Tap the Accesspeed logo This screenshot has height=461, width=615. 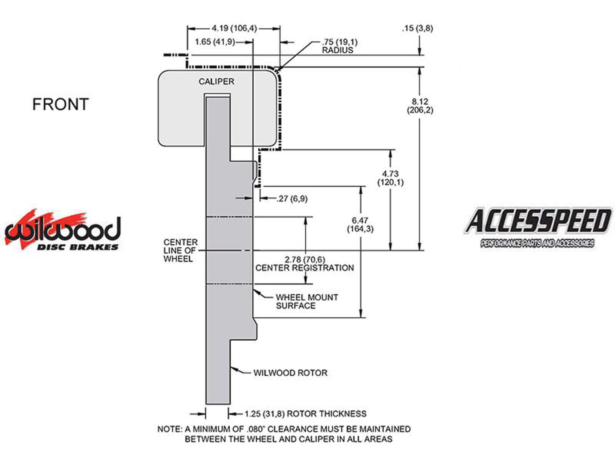pyautogui.click(x=537, y=227)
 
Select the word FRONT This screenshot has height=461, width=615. pyautogui.click(x=60, y=104)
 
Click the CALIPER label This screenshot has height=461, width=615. pyautogui.click(x=216, y=81)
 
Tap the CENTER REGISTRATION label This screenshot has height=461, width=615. pyautogui.click(x=304, y=268)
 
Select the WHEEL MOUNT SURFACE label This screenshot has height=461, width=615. pyautogui.click(x=307, y=302)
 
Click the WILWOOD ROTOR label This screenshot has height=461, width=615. pyautogui.click(x=290, y=373)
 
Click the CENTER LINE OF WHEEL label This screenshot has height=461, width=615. pyautogui.click(x=180, y=250)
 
